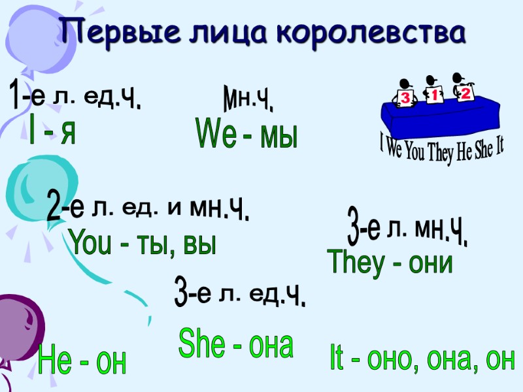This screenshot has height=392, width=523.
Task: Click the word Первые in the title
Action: (109, 30)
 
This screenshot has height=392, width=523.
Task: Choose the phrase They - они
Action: (391, 262)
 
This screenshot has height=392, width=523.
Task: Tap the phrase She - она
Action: (235, 344)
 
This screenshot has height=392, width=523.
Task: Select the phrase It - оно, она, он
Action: (422, 359)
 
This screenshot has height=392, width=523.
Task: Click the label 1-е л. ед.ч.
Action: (76, 96)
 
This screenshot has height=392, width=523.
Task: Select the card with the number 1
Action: (433, 95)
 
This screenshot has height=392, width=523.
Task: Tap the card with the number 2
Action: (465, 94)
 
